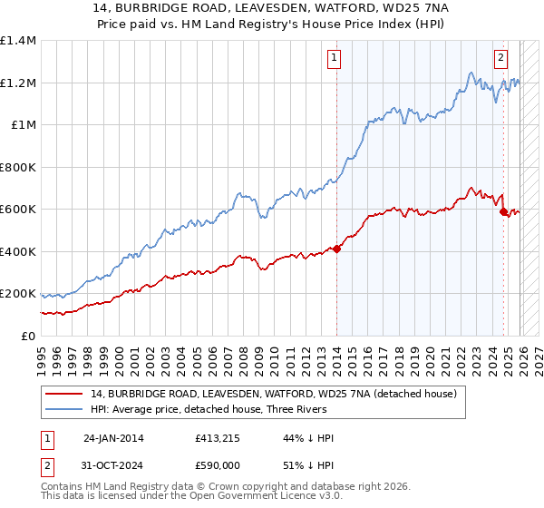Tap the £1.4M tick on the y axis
[x=18, y=41]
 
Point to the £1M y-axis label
[x=23, y=125]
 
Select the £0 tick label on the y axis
[x=27, y=336]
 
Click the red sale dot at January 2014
[x=336, y=248]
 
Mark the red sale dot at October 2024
[x=504, y=212]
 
